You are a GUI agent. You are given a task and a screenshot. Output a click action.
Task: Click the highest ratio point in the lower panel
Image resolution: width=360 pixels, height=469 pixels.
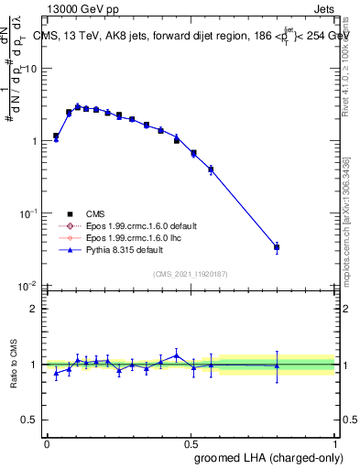pyautogui.click(x=177, y=354)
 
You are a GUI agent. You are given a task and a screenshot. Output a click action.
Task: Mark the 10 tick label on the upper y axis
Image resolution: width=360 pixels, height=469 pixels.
pyautogui.click(x=32, y=69)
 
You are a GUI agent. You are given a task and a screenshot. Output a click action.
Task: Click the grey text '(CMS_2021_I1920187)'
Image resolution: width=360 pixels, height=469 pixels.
pyautogui.click(x=191, y=273)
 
